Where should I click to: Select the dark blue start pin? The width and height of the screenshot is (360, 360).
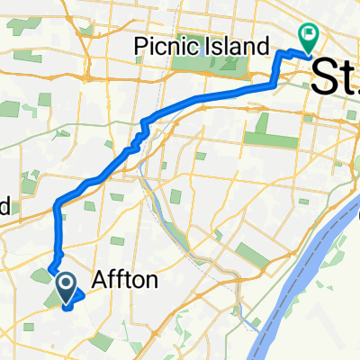67,287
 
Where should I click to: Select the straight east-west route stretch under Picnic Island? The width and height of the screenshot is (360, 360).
225,93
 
